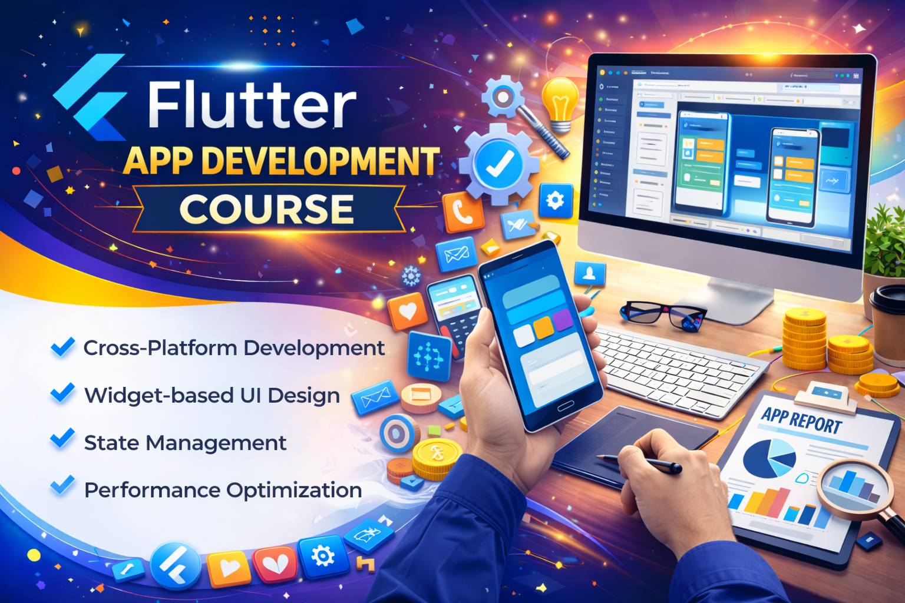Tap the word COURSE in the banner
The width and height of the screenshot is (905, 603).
tap(266, 209)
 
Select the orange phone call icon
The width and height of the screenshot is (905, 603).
tap(463, 212)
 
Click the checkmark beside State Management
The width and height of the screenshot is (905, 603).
tap(62, 439)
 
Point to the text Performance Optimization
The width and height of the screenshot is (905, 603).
tap(223, 490)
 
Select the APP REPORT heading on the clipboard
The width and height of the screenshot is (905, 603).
tap(801, 420)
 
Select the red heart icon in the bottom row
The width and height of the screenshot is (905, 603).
tap(275, 564)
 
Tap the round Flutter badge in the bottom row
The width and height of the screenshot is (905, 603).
tap(176, 566)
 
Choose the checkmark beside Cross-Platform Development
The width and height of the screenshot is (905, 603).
tap(62, 347)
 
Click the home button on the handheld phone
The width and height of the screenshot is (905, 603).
tap(565, 406)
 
